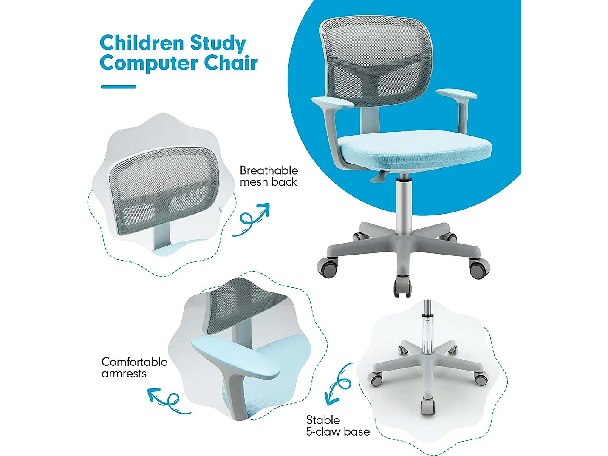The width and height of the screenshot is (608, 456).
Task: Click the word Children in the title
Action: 141,43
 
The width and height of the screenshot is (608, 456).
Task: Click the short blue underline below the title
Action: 119,87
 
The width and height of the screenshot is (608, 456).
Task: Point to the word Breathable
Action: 269,170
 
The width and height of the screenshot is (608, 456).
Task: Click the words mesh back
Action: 268,182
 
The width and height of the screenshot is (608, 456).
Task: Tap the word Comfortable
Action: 134,362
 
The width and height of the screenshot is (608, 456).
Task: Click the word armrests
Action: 124,374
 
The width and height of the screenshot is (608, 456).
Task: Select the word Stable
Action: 323,420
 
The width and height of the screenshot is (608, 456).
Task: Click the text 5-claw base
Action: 338,432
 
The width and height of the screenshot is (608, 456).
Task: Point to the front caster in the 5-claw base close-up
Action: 428,406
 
